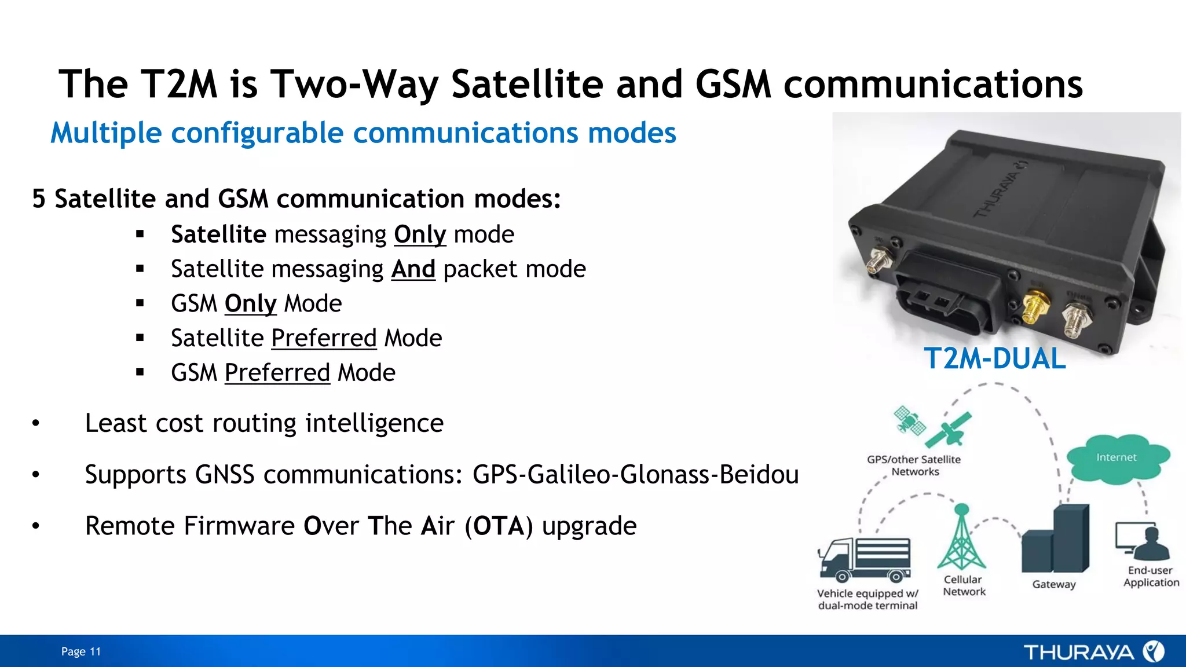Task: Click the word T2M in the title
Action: click(179, 85)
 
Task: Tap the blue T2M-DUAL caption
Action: click(994, 358)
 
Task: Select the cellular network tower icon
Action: click(961, 538)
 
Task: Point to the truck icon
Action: click(865, 559)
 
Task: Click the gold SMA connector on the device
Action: click(1032, 307)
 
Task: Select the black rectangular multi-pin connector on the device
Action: click(950, 295)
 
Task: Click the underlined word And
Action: click(413, 269)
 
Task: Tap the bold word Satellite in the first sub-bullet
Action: click(218, 234)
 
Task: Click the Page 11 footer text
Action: click(81, 652)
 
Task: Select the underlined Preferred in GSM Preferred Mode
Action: click(277, 373)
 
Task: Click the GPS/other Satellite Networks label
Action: click(914, 466)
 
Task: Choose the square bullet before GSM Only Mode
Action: click(140, 303)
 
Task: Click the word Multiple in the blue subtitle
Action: click(106, 133)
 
